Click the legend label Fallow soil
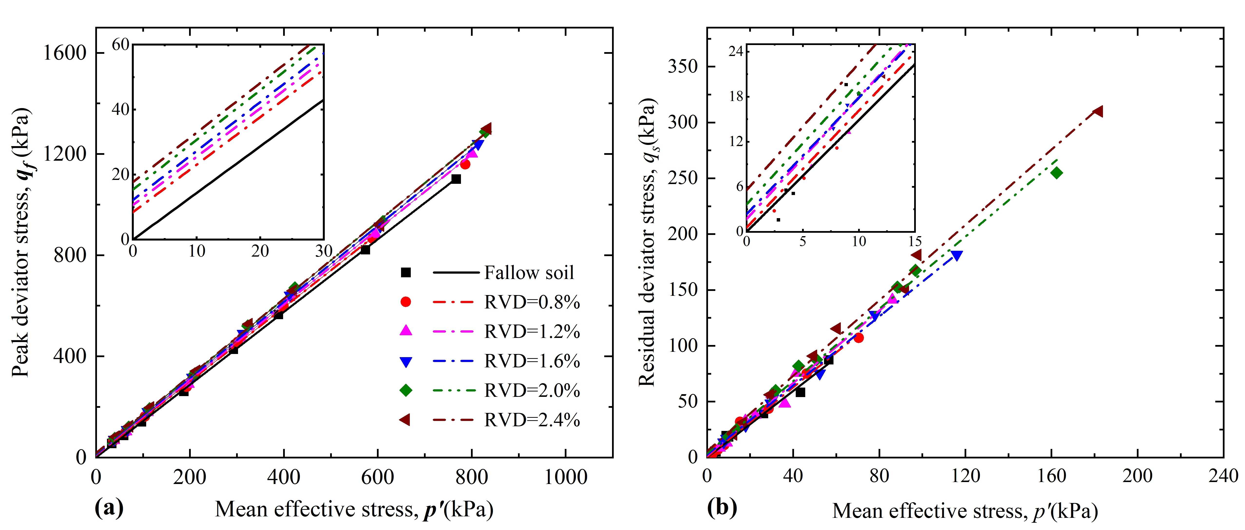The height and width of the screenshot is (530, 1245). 529,273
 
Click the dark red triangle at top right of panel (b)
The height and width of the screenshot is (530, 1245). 1098,111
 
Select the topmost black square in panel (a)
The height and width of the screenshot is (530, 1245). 456,179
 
